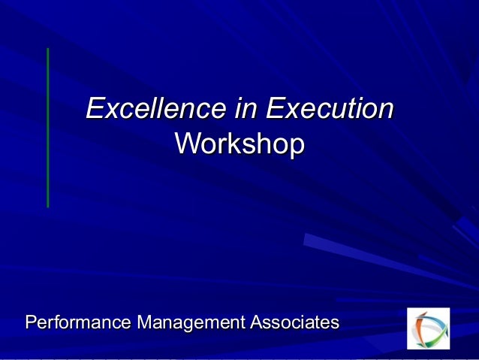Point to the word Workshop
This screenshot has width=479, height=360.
[x=239, y=144]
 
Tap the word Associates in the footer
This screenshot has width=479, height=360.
[x=294, y=323]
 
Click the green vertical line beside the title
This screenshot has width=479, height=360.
[x=48, y=128]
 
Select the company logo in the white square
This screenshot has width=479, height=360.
[x=428, y=328]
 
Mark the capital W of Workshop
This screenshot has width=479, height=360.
[x=186, y=144]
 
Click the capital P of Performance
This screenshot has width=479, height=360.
[x=31, y=323]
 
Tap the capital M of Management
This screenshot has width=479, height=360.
[x=140, y=323]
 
